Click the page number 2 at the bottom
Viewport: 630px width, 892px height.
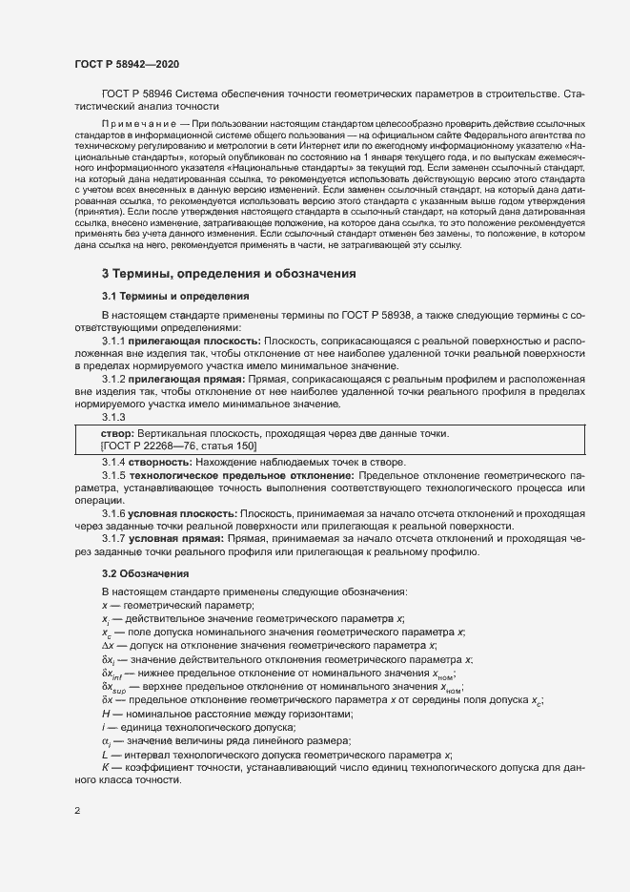pyautogui.click(x=77, y=811)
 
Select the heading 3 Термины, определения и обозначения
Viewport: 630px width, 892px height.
pyautogui.click(x=229, y=274)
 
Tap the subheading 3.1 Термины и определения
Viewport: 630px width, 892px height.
pyautogui.click(x=174, y=296)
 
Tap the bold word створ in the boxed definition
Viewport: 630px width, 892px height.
pyautogui.click(x=115, y=434)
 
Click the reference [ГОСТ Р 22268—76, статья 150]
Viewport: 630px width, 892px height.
pyautogui.click(x=178, y=446)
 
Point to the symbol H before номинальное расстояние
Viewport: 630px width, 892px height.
pyautogui.click(x=106, y=713)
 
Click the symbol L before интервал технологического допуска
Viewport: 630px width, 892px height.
pyautogui.click(x=105, y=754)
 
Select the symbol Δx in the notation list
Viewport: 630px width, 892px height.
pyautogui.click(x=108, y=646)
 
